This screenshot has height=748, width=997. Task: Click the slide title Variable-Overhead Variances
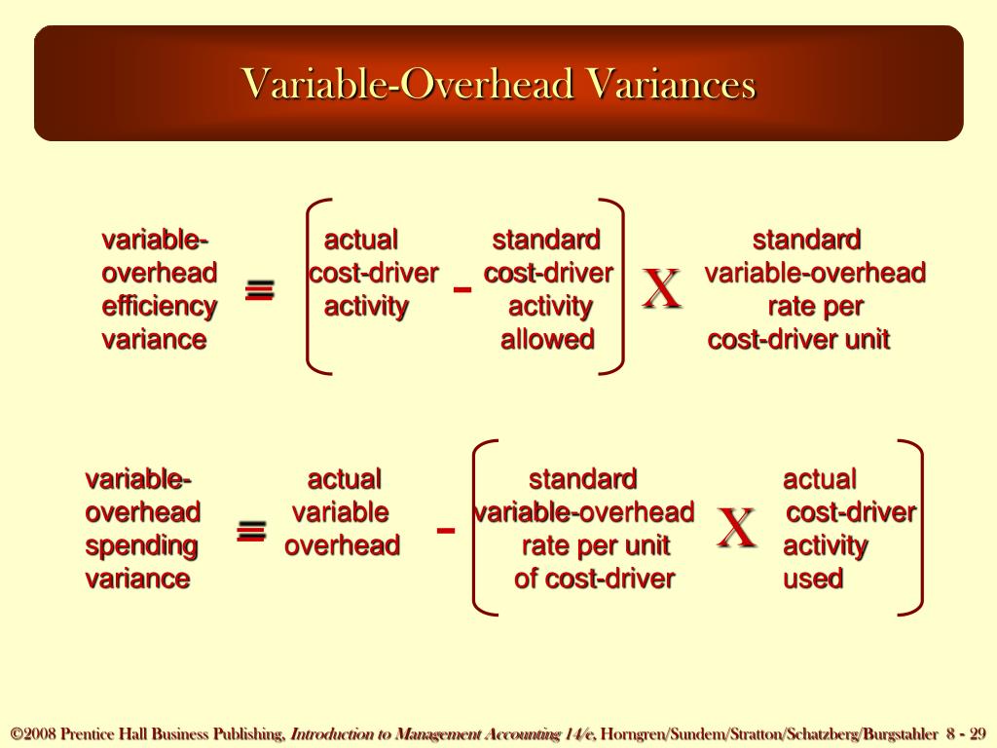(498, 84)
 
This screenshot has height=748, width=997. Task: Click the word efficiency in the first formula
(159, 307)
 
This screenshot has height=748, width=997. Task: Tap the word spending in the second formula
(141, 545)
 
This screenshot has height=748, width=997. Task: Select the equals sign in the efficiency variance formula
(259, 290)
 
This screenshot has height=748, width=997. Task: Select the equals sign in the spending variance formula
(251, 531)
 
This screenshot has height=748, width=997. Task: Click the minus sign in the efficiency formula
(462, 289)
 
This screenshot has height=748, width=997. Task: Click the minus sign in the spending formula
(446, 531)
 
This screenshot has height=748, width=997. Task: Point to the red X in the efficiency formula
(661, 290)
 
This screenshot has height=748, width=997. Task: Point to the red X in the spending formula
(736, 529)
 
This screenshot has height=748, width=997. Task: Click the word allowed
(547, 340)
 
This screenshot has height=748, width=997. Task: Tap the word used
(813, 579)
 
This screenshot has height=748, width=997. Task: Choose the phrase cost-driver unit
(798, 340)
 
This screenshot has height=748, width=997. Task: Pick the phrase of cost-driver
(594, 579)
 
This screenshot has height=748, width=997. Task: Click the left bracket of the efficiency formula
(314, 287)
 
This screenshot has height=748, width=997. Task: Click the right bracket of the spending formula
(914, 528)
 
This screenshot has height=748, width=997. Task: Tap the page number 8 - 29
(966, 733)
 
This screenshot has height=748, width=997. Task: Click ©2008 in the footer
(33, 733)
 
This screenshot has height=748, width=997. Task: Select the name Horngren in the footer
(632, 733)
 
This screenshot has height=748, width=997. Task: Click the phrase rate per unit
(595, 545)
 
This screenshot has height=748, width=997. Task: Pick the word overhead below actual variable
(342, 545)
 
